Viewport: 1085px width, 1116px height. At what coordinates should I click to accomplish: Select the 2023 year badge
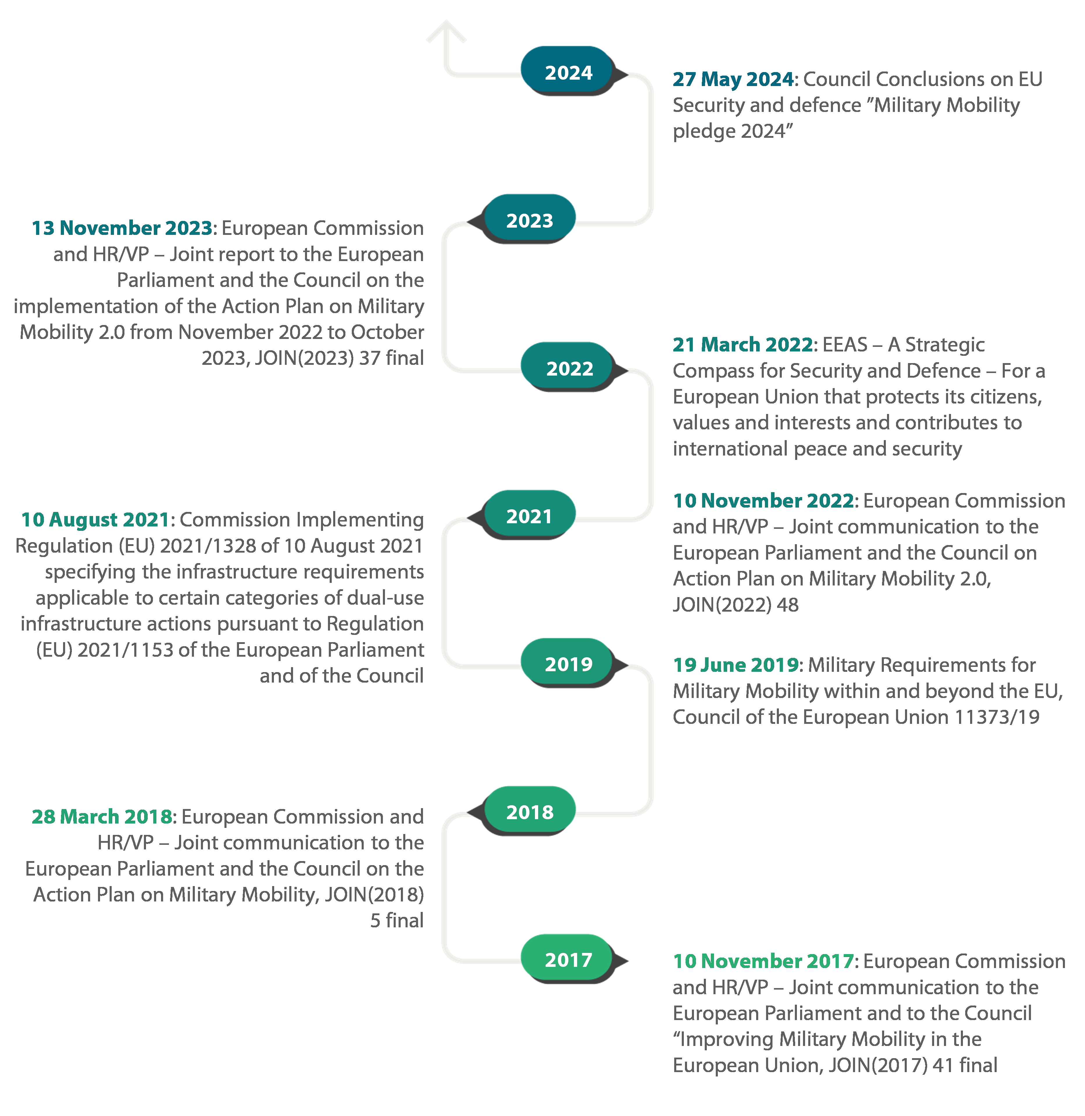[529, 220]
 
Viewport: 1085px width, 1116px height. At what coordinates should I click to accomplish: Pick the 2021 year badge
[529, 516]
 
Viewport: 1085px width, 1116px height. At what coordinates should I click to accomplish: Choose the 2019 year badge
[568, 664]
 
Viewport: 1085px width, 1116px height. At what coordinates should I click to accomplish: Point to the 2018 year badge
[529, 812]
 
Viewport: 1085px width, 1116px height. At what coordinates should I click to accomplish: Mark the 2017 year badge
[568, 960]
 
